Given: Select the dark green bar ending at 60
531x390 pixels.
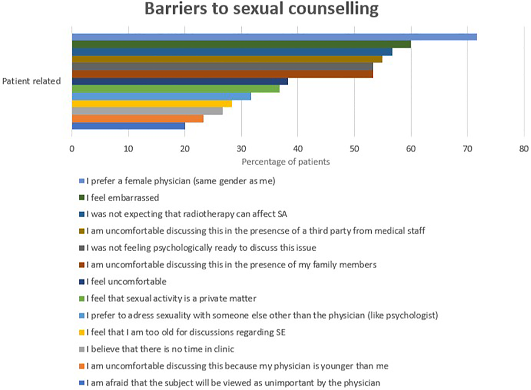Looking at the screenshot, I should click(241, 44).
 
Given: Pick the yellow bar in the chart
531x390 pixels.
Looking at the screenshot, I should click(152, 104).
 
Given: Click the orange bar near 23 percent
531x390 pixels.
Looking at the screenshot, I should click(138, 118).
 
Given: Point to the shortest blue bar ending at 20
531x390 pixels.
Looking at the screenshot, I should click(128, 126).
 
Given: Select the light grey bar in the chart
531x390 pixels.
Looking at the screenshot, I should click(147, 111).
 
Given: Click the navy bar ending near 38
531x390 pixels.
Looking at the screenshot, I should click(180, 82).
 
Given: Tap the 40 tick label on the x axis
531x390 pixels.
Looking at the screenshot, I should click(298, 149).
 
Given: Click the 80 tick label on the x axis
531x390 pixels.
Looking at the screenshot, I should click(524, 149).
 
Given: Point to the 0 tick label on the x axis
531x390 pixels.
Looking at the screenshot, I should click(72, 149).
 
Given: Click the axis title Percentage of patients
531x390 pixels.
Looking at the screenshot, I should click(286, 161).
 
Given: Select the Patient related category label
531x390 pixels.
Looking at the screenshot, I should click(31, 81).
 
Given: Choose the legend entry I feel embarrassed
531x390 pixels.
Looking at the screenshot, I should click(123, 198).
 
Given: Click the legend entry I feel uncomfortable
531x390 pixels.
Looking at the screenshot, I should click(126, 282).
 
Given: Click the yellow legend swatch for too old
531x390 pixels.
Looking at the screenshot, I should click(82, 333).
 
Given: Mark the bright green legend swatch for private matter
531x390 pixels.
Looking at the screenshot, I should click(82, 299).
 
